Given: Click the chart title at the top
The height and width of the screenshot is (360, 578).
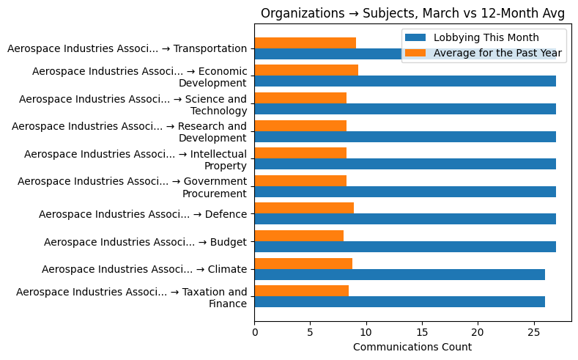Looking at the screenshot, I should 412,13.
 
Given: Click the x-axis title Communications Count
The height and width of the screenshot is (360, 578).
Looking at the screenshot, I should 412,347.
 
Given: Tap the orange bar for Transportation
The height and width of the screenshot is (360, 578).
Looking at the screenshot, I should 305,43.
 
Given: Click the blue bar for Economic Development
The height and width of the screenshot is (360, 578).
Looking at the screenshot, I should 405,81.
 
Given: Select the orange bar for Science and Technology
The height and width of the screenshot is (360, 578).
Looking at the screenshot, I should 300,98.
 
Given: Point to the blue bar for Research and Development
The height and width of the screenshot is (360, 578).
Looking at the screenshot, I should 405,136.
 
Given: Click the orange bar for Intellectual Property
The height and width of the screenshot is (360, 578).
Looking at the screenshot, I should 300,153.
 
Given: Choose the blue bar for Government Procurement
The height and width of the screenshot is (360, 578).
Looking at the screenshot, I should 405,192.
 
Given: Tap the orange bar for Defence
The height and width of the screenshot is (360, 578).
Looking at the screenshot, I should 304,208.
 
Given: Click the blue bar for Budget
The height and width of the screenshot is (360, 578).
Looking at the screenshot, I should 405,247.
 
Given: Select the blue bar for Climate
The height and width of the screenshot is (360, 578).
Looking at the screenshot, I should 399,274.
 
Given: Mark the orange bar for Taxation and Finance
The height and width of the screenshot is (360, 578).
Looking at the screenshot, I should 301,291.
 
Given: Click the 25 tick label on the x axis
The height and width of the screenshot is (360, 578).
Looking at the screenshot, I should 534,331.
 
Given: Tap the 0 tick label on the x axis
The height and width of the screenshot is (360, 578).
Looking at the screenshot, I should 254,331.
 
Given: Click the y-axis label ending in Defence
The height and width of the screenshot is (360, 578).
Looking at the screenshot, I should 143,214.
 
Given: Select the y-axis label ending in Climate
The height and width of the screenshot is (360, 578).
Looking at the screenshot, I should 144,269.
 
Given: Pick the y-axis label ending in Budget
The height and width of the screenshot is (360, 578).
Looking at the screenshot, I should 145,241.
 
